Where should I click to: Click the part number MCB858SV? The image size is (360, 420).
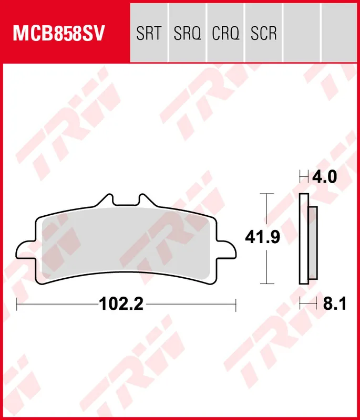pyautogui.click(x=59, y=33)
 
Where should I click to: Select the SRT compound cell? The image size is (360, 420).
pyautogui.click(x=148, y=34)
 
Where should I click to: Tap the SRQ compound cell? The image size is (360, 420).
pyautogui.click(x=187, y=34)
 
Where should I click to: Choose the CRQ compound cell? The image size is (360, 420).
pyautogui.click(x=225, y=34)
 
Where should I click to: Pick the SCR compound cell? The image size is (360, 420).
pyautogui.click(x=264, y=34)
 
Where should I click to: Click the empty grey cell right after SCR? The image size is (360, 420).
pyautogui.click(x=302, y=34)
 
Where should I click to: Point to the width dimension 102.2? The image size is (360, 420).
pyautogui.click(x=121, y=303)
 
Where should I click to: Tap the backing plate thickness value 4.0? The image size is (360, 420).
pyautogui.click(x=324, y=176)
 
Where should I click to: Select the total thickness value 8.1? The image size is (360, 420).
pyautogui.click(x=335, y=303)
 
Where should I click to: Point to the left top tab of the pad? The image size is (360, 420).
pyautogui.click(x=107, y=200)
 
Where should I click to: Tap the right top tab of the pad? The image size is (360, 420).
pyautogui.click(x=143, y=200)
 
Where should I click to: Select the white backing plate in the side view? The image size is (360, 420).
pyautogui.click(x=303, y=239)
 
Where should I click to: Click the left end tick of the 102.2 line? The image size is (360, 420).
pyautogui.click(x=17, y=304)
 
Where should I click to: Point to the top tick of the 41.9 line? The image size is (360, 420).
pyautogui.click(x=268, y=194)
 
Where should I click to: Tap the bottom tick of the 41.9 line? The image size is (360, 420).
pyautogui.click(x=268, y=283)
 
